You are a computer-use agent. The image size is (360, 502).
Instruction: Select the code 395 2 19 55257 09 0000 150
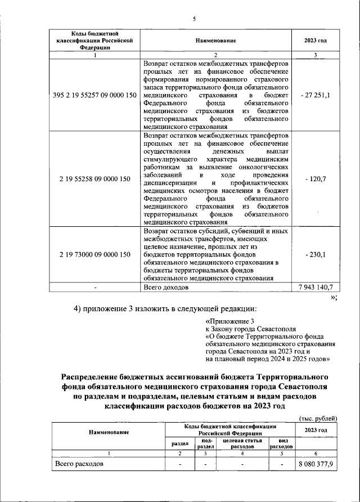[x=95, y=96]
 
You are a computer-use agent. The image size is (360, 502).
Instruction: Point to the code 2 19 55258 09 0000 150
[x=95, y=179]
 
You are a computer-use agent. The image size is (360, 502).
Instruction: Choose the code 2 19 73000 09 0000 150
[x=95, y=254]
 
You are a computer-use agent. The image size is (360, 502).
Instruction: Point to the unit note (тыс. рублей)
[x=318, y=418]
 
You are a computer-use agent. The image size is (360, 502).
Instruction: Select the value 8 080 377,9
[x=315, y=465]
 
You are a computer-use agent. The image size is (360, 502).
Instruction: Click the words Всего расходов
[x=79, y=465]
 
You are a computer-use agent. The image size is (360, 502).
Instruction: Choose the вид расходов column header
[x=281, y=443]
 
